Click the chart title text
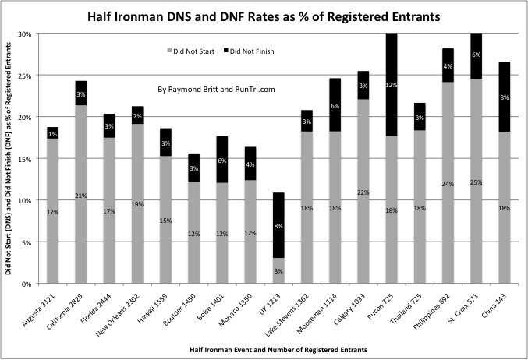point(263,15)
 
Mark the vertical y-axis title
point(10,156)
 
